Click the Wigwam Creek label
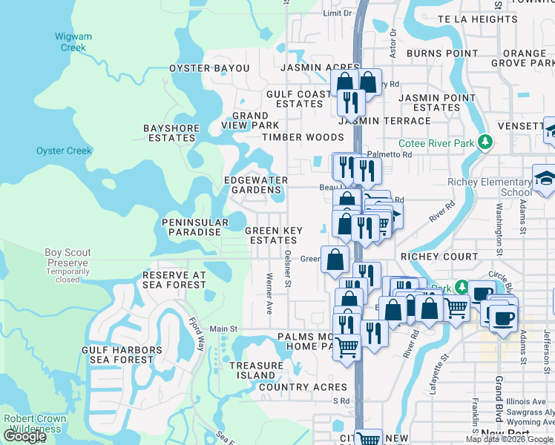point(70,42)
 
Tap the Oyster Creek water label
point(64,151)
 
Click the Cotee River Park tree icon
point(485,141)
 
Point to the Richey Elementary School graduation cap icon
point(545,178)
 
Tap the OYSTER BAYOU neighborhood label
point(209,67)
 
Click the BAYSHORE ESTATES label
point(171,133)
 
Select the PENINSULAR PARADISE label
point(192,227)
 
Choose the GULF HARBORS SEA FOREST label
point(122,355)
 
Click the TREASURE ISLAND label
point(256,370)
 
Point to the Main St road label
point(223,329)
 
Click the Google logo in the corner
point(24,436)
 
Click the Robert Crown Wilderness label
point(35,423)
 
